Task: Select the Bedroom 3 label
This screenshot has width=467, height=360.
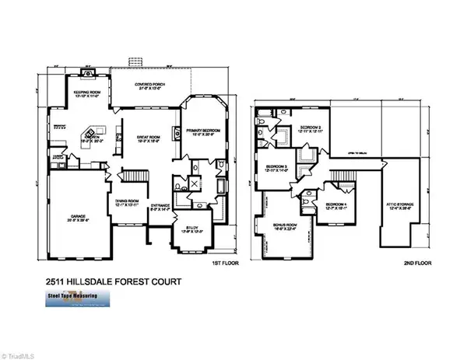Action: [279, 168]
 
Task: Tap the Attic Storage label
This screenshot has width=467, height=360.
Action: [399, 204]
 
